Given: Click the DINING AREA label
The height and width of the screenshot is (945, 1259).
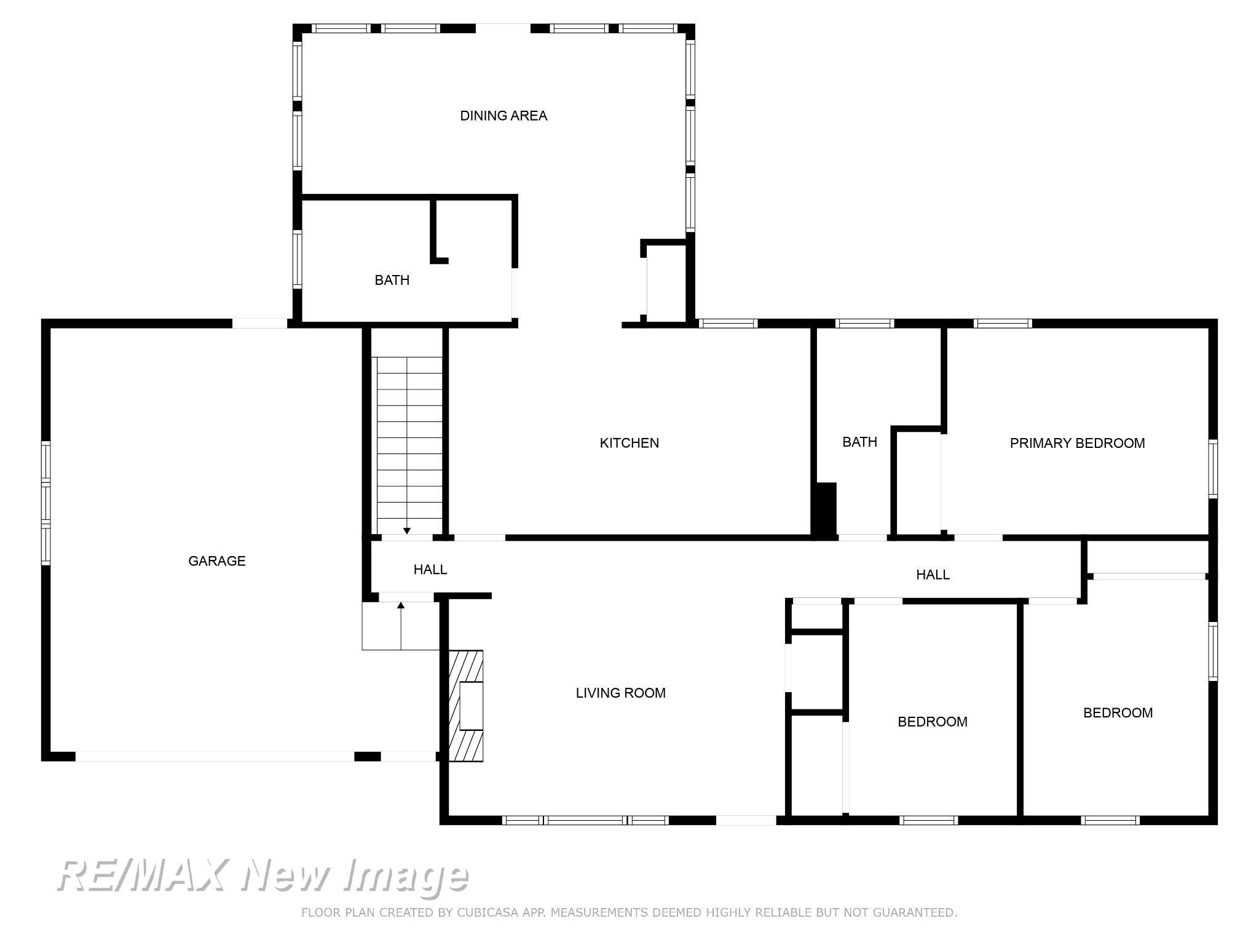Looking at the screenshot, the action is (503, 116).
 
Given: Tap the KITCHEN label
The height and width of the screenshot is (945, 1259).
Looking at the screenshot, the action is (629, 443).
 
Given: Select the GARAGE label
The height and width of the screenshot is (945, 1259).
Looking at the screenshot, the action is (216, 561).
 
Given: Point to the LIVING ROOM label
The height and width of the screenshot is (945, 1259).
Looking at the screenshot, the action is (620, 693).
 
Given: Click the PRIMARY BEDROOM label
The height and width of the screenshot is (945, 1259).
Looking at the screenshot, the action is (1077, 443).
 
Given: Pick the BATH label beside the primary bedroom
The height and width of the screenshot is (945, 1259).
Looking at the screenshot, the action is (859, 442).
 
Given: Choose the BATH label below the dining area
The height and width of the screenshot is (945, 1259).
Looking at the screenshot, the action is (392, 280).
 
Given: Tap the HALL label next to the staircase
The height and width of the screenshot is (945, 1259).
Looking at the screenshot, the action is (430, 570).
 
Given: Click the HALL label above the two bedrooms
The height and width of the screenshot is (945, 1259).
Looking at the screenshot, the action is (933, 575).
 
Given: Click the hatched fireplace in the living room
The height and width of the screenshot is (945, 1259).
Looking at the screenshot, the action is (465, 706).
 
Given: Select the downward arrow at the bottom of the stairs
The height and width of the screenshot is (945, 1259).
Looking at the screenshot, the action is (406, 530).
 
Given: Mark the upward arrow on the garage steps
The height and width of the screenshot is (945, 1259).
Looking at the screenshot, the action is (401, 606).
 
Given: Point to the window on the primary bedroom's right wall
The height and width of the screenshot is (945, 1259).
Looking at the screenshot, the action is (1213, 468).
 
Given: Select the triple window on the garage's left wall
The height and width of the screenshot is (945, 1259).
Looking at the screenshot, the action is (45, 503).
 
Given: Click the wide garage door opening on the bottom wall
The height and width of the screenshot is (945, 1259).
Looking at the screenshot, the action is (215, 756).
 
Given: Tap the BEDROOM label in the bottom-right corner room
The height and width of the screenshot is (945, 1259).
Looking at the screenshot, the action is (1118, 712).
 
